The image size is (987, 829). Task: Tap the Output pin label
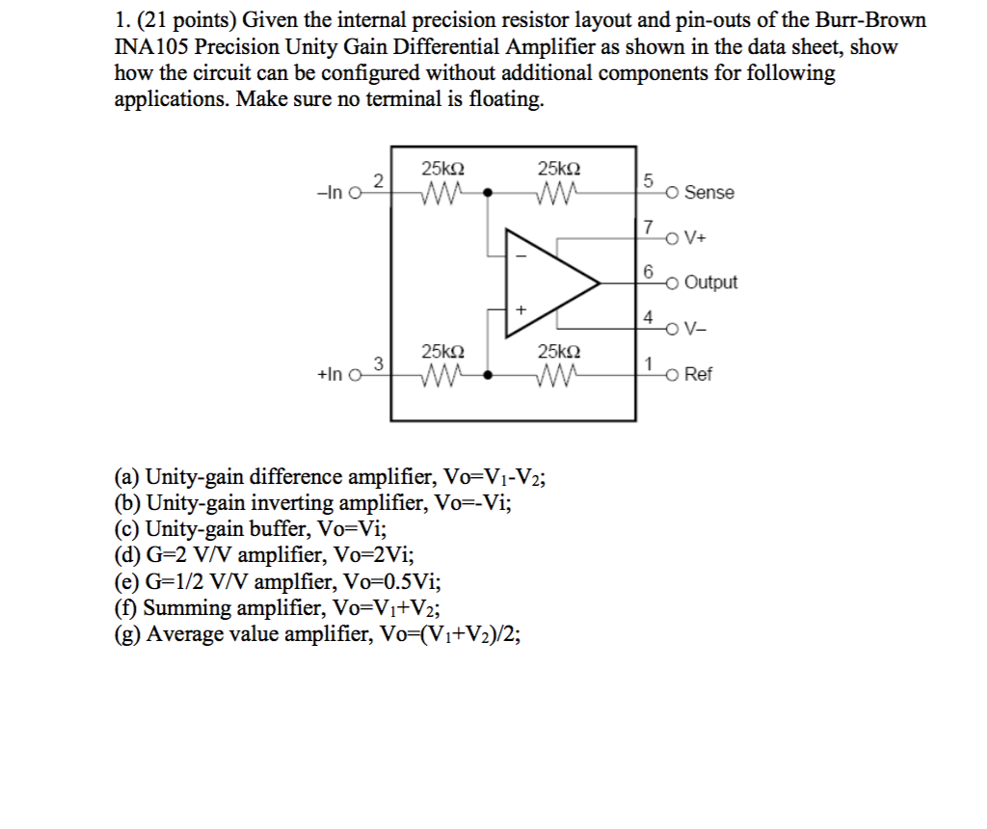click(710, 282)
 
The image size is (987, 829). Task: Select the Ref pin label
click(698, 375)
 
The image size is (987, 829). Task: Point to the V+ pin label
click(697, 238)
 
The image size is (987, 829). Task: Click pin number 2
click(379, 180)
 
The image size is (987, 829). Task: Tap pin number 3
click(379, 363)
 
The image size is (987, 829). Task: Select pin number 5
click(649, 180)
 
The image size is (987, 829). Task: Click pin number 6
click(649, 271)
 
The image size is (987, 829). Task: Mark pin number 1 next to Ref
click(649, 363)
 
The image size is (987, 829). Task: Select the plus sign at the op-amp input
click(521, 309)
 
